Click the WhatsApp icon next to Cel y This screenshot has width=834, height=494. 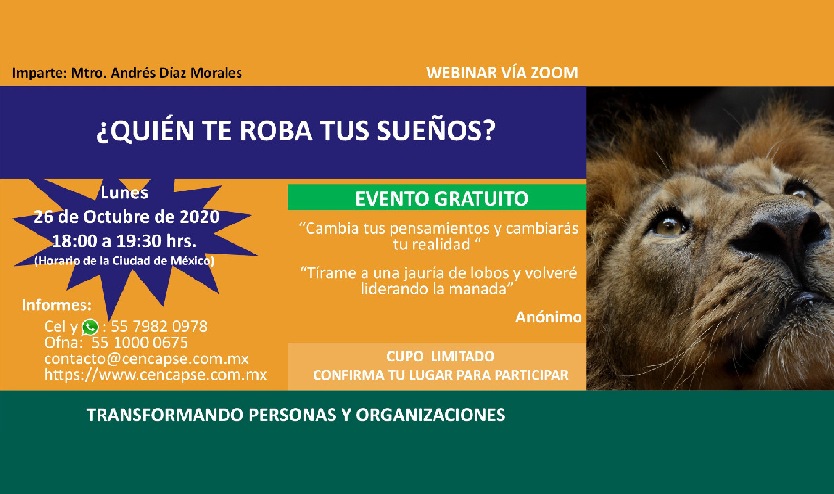(90, 327)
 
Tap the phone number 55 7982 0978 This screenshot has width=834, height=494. (159, 326)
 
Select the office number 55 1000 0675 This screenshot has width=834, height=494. (140, 343)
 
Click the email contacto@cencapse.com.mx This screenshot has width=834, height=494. (146, 359)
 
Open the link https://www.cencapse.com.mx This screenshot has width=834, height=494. (156, 375)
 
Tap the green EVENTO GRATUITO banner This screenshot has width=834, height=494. (437, 197)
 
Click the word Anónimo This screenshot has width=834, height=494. (549, 317)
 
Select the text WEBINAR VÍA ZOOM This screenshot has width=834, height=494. (502, 73)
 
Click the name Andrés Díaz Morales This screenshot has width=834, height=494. (177, 73)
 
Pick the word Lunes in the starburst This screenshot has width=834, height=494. (124, 193)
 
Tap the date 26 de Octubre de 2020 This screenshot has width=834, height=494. (127, 217)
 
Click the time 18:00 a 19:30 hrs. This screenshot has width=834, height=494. (124, 241)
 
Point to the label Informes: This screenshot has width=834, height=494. (56, 305)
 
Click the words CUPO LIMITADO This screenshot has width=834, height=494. (441, 357)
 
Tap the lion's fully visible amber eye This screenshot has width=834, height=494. (669, 227)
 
